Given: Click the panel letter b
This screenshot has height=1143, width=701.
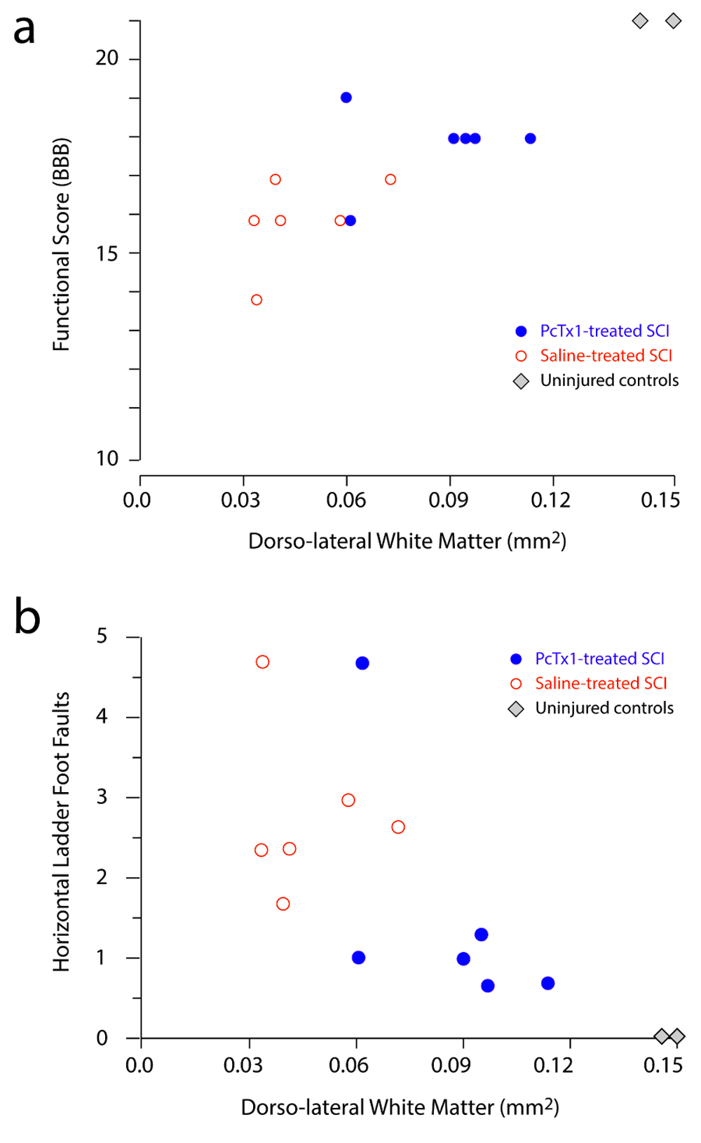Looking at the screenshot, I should [27, 617].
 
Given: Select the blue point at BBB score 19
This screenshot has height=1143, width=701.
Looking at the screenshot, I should [346, 98].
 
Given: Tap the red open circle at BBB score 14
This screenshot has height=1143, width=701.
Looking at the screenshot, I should [257, 300].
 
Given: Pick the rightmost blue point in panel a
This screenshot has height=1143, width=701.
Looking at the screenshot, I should [531, 138].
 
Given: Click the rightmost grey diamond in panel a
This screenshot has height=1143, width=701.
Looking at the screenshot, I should [674, 21].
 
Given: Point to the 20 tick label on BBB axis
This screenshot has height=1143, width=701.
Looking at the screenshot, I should [107, 58].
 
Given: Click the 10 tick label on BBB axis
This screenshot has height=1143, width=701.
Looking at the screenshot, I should [107, 459].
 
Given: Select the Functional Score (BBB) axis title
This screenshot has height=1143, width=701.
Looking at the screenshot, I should [62, 244].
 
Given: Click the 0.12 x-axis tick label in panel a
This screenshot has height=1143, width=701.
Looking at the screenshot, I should [551, 500].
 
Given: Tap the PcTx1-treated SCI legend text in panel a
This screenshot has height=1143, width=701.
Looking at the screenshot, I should [604, 330].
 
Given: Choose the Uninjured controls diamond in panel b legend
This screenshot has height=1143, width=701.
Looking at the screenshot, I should [516, 709].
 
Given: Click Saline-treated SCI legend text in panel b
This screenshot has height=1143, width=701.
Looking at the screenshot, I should [601, 683].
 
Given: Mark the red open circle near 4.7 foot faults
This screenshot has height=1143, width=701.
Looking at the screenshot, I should [263, 662].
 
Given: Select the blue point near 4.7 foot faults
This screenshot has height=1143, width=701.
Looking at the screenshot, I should [362, 663].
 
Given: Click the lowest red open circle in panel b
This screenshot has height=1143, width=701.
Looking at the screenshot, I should [283, 904].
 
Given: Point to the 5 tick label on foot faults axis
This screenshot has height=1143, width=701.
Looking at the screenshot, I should [102, 636].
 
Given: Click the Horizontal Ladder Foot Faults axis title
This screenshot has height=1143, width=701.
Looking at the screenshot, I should [62, 831].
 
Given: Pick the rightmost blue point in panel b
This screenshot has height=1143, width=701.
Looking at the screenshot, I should [548, 983].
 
